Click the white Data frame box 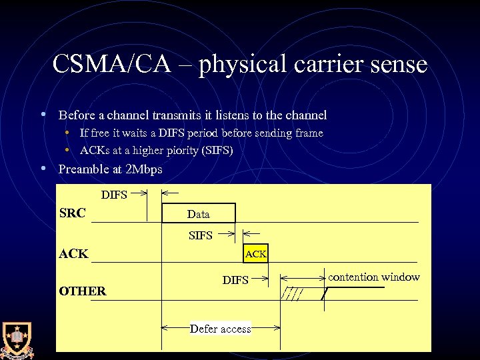[x=199, y=213]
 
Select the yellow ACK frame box [x=256, y=253]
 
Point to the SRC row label [x=72, y=213]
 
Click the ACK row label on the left [x=73, y=253]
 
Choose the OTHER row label [x=83, y=291]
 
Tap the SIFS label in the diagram [x=201, y=235]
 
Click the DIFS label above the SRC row [x=114, y=195]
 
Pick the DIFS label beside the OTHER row [x=235, y=281]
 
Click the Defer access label [x=221, y=329]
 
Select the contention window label [x=374, y=277]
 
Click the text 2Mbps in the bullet [x=144, y=169]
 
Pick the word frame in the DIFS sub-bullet [x=308, y=133]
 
